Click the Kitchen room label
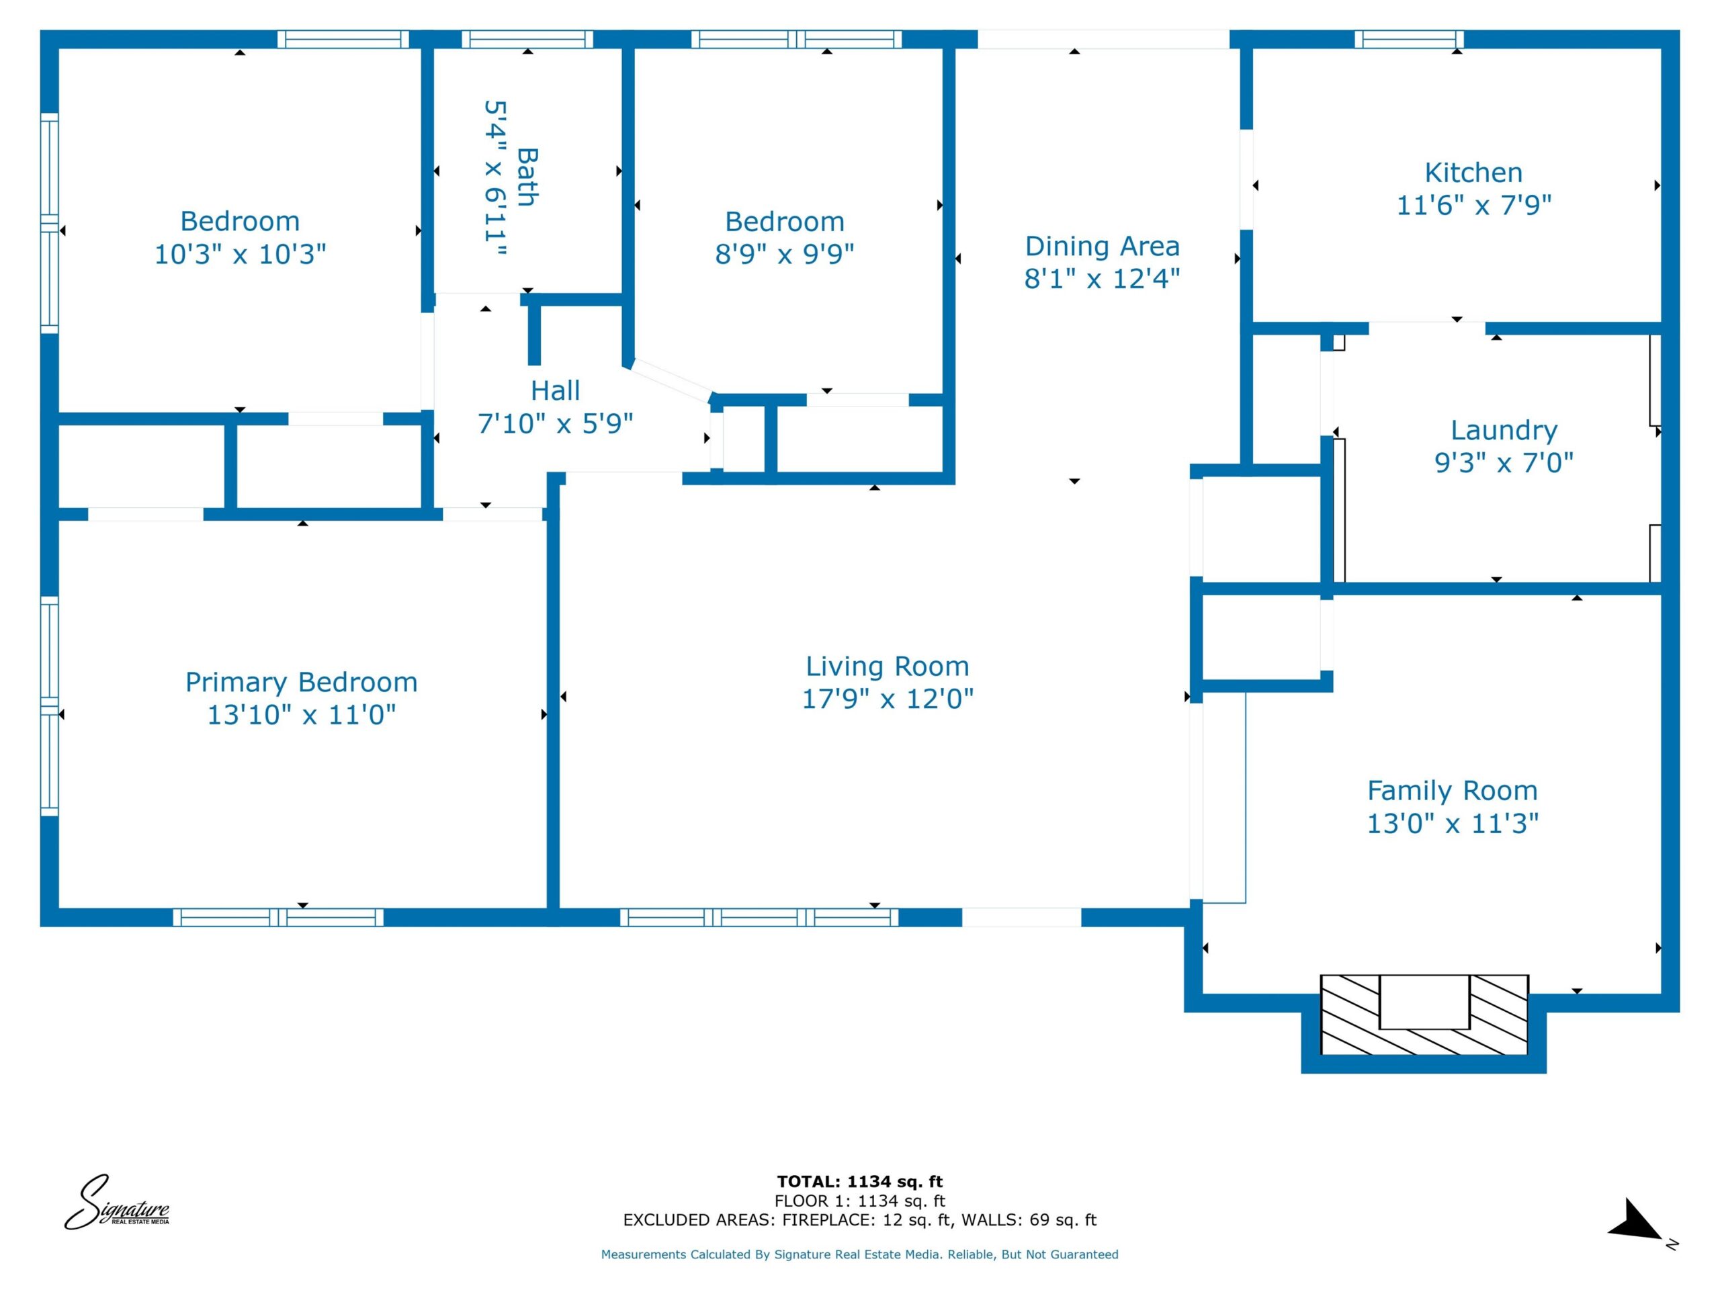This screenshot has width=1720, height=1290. click(1473, 173)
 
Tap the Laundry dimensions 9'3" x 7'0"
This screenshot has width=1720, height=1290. click(1504, 463)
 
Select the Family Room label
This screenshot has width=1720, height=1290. click(1453, 791)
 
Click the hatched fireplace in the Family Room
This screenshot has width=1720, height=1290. click(1424, 1015)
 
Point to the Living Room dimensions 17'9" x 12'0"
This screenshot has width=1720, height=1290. click(888, 698)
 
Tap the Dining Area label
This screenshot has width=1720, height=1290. click(1102, 246)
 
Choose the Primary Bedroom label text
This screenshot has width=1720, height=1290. click(302, 682)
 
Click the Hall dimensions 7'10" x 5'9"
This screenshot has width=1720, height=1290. click(555, 424)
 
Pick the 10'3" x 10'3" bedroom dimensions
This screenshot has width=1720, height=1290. click(241, 254)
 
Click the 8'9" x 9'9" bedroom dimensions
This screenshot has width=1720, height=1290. click(785, 253)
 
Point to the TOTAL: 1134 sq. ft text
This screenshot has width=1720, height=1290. click(860, 1182)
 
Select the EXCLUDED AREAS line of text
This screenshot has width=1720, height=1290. click(860, 1220)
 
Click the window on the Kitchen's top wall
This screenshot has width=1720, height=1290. click(1409, 40)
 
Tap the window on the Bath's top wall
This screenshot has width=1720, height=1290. click(527, 40)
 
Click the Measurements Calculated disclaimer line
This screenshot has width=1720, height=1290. click(860, 1254)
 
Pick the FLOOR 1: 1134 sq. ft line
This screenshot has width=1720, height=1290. click(860, 1201)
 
